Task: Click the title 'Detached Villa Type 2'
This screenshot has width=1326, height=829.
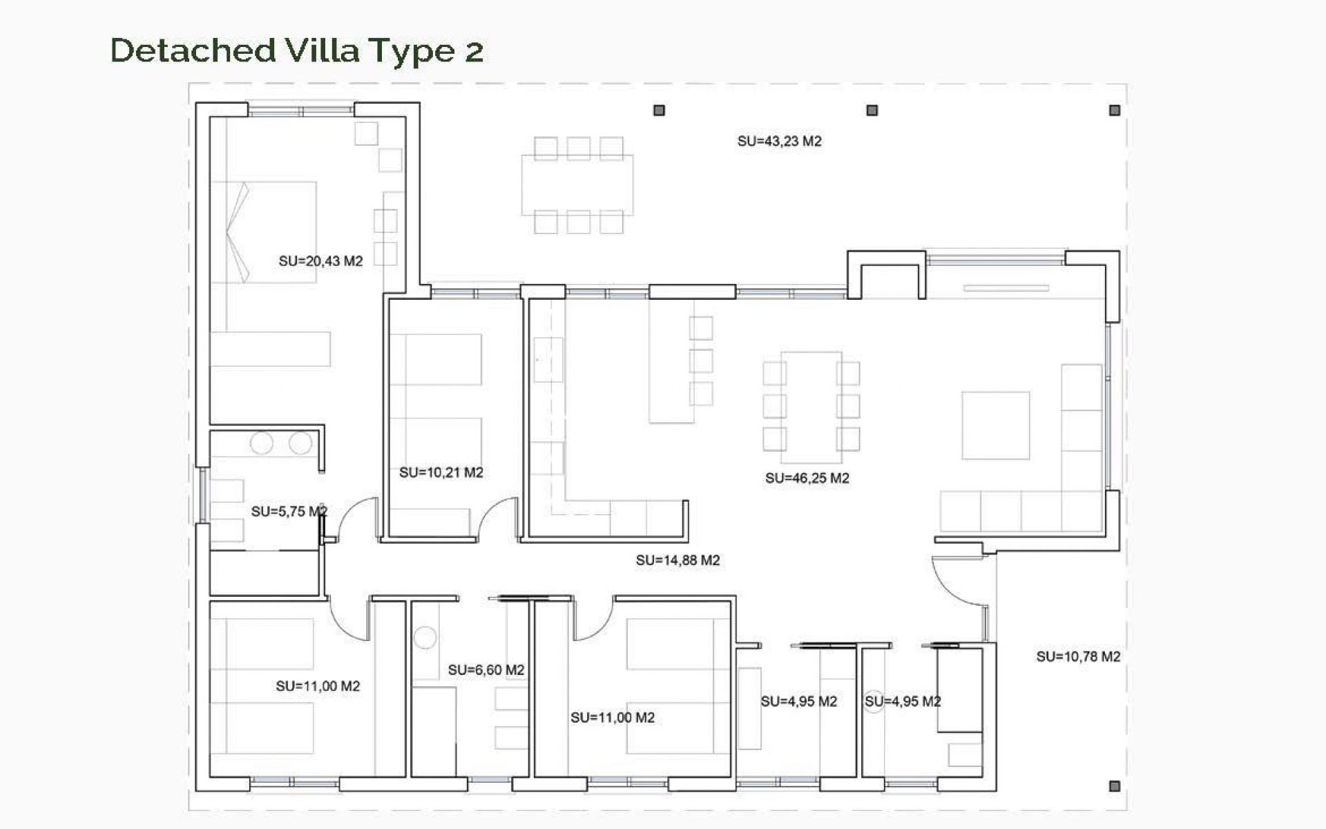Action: [297, 50]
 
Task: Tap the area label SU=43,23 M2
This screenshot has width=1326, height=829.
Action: [779, 142]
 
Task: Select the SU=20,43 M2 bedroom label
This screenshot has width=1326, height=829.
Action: [320, 261]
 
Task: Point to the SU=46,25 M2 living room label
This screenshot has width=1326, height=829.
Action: [807, 478]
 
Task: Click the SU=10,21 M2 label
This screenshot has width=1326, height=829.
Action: [441, 473]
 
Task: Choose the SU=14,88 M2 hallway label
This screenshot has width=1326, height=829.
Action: [678, 560]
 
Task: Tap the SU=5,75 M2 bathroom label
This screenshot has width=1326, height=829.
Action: [289, 511]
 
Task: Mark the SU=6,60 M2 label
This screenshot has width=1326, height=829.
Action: [486, 670]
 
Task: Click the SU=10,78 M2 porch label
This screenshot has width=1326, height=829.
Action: [1077, 656]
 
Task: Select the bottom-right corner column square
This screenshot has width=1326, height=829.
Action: [1114, 786]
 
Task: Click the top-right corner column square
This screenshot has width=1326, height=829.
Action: [1114, 111]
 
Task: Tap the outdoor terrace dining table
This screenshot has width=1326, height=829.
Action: [577, 185]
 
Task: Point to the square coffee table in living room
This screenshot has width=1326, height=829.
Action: [995, 426]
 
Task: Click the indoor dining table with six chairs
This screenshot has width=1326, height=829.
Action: [811, 408]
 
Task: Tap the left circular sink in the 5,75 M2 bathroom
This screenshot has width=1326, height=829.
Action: [262, 443]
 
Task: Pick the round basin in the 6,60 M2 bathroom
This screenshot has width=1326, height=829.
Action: [425, 637]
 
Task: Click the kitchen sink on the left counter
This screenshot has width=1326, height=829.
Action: [548, 359]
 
